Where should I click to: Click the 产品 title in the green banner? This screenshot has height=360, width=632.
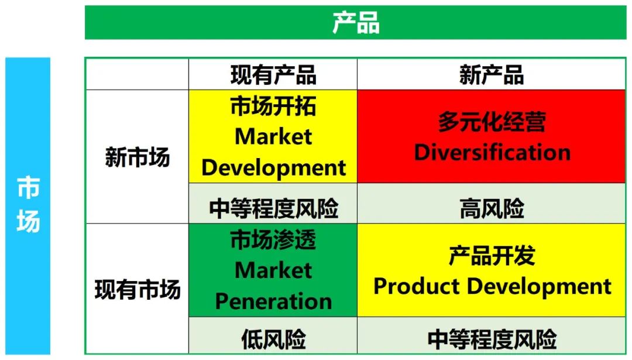coord(356,23)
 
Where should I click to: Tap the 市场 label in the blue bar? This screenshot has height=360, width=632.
coord(28,205)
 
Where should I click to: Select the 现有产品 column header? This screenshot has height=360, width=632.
coord(273,75)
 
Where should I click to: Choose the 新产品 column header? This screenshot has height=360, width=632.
coord(492,75)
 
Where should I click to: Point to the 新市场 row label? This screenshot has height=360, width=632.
coord(138,157)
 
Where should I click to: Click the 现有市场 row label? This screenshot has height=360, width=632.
coord(138,290)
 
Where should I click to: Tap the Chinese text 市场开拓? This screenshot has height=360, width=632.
coord(273,106)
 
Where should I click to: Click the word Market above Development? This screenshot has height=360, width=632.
coord(273,136)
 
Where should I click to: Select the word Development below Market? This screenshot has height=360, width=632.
coord(273,167)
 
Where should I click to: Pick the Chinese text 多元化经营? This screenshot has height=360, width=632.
coord(492,121)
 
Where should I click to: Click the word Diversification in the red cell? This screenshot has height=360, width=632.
coord(492,152)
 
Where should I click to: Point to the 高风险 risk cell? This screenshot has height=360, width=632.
coord(492,209)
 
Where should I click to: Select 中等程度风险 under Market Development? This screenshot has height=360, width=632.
coord(273,209)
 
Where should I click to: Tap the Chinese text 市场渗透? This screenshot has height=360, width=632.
coord(273,239)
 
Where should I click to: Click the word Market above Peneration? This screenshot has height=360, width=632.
coord(273,270)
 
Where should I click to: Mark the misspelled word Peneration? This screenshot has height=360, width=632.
coord(273,301)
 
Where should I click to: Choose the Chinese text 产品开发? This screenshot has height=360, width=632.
coord(492,256)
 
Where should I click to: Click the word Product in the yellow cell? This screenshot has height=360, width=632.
coord(417,286)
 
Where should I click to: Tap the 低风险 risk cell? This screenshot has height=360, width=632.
coord(273,340)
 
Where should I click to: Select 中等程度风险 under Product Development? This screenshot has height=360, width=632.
coord(492,340)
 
